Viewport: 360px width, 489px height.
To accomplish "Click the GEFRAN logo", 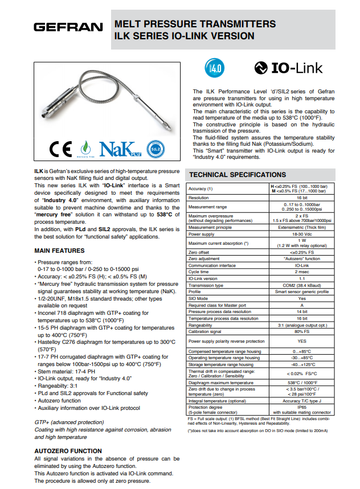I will point(68,27).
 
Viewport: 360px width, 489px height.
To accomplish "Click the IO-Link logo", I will point(288,68).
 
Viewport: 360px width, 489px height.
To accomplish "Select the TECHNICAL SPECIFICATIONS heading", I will point(237,175).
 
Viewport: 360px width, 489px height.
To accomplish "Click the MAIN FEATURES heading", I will point(59,250).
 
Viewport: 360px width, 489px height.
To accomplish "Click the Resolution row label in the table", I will point(199,198).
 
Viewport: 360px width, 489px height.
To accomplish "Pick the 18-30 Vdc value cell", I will point(301,234).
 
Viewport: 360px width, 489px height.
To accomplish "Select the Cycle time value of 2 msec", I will point(301,272).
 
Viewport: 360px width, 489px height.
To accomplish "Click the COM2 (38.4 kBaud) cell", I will point(301,285).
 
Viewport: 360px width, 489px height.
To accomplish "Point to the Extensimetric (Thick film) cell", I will point(301,227).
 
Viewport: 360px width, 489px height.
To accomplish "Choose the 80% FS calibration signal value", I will point(301,331).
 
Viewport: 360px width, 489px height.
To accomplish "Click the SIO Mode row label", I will point(199,298).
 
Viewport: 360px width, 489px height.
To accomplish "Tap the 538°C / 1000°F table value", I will point(301,383).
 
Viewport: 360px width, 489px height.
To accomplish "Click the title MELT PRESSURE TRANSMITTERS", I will point(195,24).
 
